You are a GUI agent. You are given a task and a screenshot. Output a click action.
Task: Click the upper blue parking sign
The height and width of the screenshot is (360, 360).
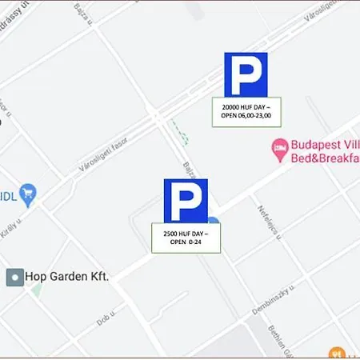point(246,75)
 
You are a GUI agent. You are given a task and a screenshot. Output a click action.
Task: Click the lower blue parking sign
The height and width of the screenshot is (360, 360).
point(186,201)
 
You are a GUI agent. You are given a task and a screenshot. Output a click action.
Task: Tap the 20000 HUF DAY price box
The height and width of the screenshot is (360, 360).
point(246,111)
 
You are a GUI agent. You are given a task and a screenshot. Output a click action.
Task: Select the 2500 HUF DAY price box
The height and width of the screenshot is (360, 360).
point(186,238)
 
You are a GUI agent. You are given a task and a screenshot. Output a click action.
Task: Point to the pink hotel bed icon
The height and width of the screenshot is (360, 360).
point(279,147)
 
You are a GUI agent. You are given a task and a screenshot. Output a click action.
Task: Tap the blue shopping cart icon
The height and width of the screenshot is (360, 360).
point(29,192)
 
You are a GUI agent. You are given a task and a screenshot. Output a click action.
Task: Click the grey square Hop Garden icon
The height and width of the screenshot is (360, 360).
point(14,277)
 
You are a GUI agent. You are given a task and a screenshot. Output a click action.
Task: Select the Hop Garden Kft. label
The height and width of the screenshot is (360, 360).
point(67,277)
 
